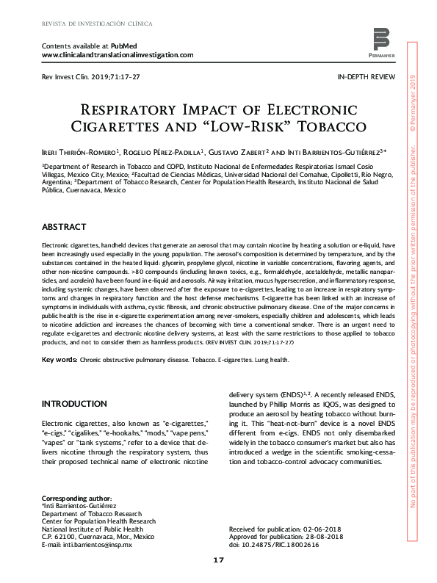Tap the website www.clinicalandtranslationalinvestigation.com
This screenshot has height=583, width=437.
(x=118, y=55)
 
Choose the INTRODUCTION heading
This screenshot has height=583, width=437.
(x=74, y=404)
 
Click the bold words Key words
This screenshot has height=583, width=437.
(x=59, y=360)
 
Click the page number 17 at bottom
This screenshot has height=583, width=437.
(x=218, y=560)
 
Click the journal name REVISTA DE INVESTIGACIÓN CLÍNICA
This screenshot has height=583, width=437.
(x=97, y=23)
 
